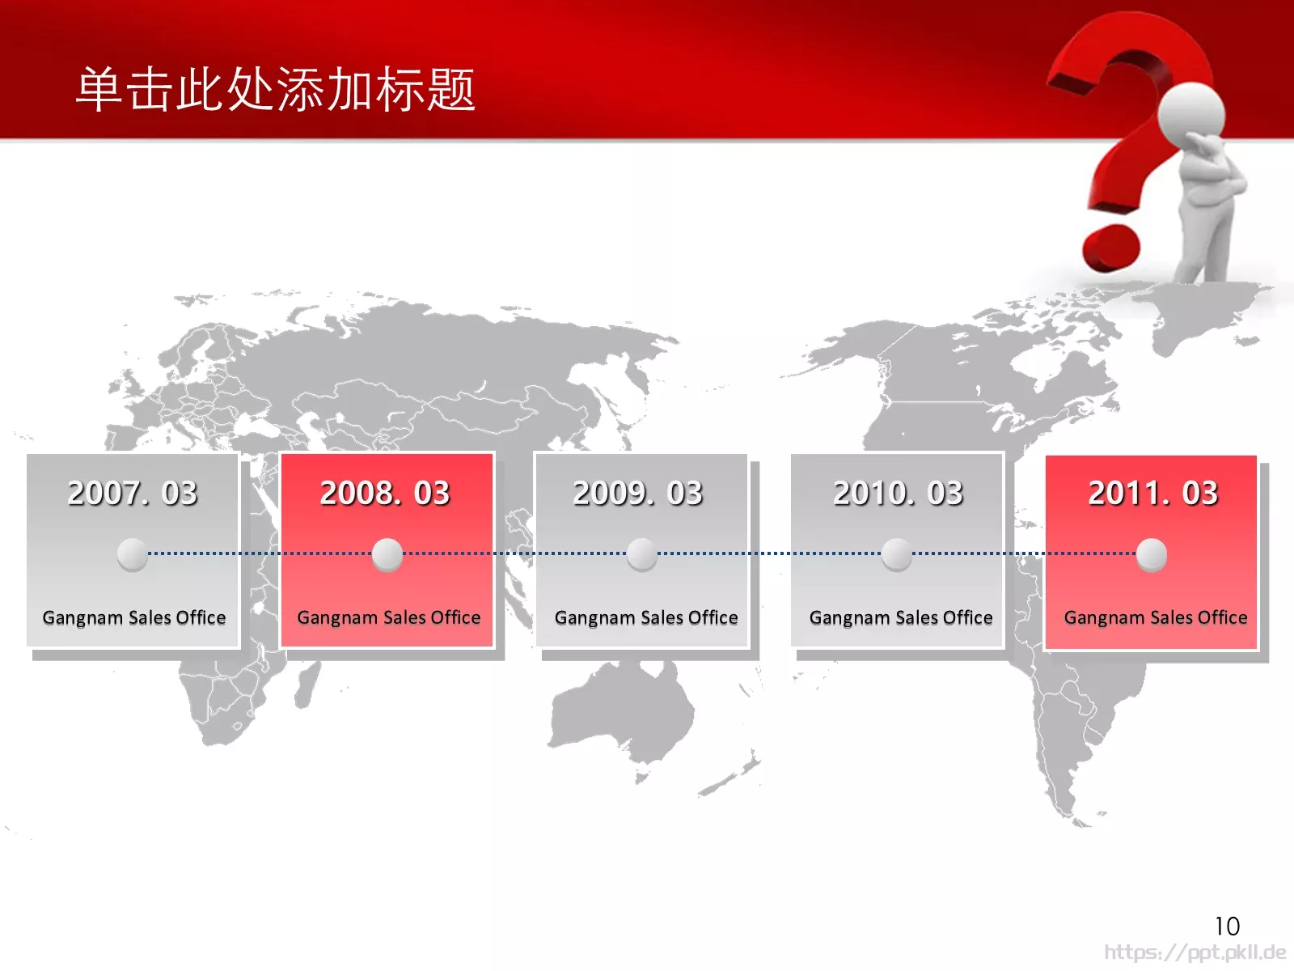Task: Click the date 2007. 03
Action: pos(132,493)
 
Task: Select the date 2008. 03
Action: pos(385,493)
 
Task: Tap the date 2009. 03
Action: pos(638,493)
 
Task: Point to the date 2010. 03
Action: pos(898,493)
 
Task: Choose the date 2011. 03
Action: pos(1152,493)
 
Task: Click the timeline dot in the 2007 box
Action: pos(132,554)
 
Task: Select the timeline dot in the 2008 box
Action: pos(387,554)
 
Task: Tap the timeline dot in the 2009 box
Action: pos(642,554)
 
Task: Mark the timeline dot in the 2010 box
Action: pos(897,554)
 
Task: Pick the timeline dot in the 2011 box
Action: pos(1152,554)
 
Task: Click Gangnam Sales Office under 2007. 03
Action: pos(133,618)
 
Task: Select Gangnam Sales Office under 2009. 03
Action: pos(646,618)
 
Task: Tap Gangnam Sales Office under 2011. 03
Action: pos(1156,618)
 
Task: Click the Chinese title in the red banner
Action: pos(275,89)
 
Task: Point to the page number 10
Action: pos(1228,926)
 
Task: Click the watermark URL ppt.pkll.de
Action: pos(1195,952)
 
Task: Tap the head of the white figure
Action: pos(1190,114)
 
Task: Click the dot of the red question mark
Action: pos(1111,248)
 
